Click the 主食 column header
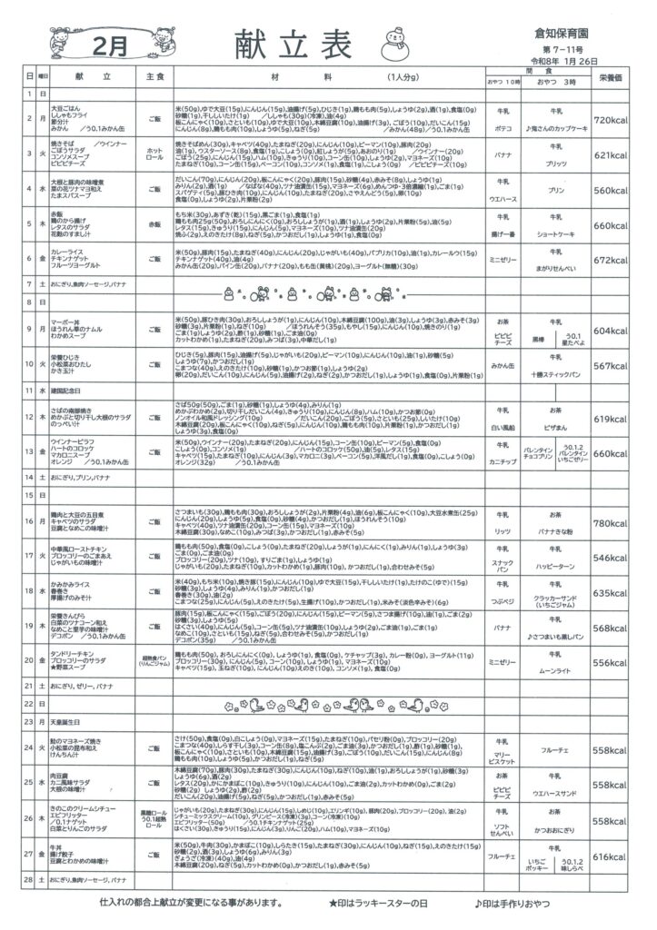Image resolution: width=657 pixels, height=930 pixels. click(x=155, y=78)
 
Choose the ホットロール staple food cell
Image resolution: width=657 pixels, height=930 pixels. click(x=155, y=153)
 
